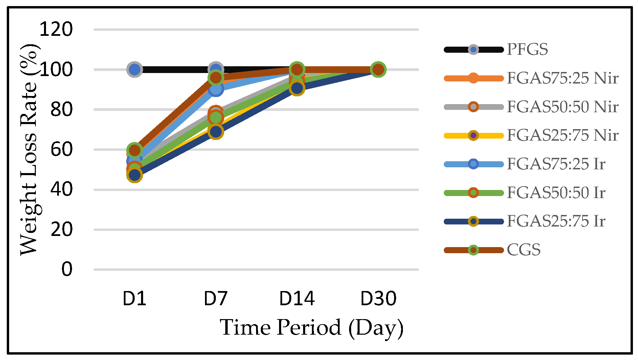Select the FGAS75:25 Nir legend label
click(562, 78)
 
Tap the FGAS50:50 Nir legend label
click(562, 107)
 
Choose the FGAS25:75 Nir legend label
click(562, 135)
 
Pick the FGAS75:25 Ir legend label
click(556, 164)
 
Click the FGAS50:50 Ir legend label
click(556, 193)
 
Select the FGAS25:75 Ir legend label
click(556, 221)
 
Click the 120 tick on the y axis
click(56, 29)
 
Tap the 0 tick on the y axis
click(67, 269)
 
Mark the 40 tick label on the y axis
click(62, 189)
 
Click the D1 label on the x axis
click(134, 298)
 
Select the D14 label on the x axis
click(297, 298)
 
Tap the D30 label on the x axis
click(378, 298)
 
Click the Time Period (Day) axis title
click(312, 328)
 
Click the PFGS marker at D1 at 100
click(134, 69)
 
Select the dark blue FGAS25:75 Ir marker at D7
click(216, 131)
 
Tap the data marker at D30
click(378, 69)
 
